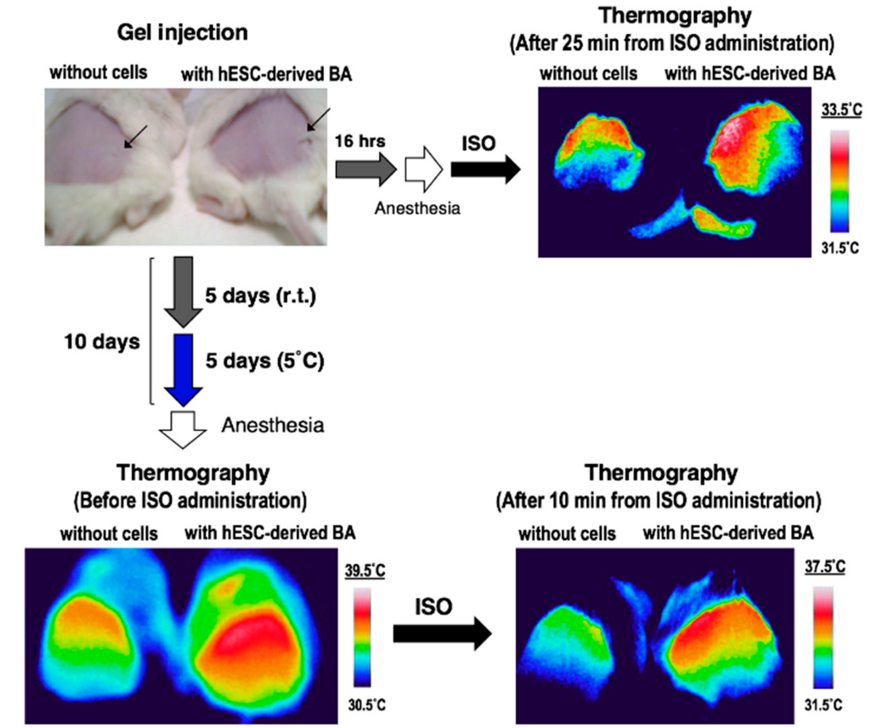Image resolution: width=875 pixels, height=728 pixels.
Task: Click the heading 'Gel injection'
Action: (183, 33)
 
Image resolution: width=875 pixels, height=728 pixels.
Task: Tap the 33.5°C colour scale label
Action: (841, 110)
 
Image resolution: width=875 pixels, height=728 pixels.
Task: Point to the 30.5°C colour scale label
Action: (367, 705)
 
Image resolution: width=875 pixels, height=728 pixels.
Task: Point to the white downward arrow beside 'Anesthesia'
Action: (183, 430)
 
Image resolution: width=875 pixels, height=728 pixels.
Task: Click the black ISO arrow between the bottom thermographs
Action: (442, 634)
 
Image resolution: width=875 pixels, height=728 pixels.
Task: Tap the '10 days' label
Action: (102, 342)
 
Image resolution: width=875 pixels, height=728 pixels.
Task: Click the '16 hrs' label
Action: (360, 141)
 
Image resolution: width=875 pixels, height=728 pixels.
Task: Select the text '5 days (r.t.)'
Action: (260, 296)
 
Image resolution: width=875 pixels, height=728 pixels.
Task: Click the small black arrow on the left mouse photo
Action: (135, 136)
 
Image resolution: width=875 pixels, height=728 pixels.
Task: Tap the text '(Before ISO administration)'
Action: (190, 501)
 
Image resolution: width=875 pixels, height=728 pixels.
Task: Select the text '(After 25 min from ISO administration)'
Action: (672, 43)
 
